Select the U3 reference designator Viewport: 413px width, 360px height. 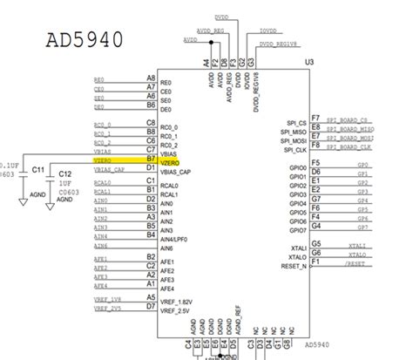point(308,64)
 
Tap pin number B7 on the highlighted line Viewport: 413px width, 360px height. point(151,160)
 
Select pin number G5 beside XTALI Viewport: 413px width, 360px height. point(316,243)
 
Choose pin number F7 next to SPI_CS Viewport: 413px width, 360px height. point(316,117)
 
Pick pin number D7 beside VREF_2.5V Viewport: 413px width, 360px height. point(151,306)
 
